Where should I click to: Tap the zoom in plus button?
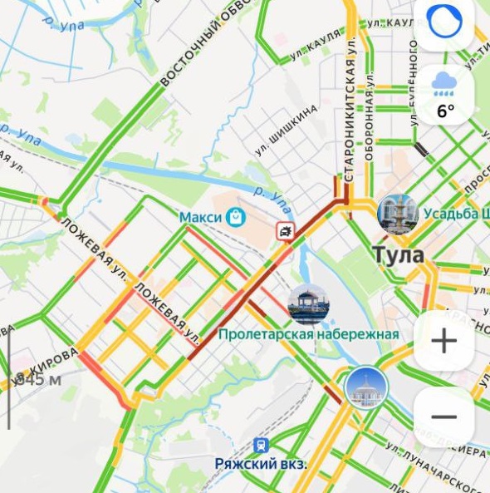click(x=443, y=341)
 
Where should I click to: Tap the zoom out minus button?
click(x=443, y=417)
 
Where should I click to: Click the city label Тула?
click(x=398, y=255)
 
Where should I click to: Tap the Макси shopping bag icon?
click(x=237, y=217)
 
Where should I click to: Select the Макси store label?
click(x=201, y=217)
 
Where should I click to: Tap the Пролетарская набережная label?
click(x=308, y=334)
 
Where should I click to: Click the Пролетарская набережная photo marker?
click(x=308, y=303)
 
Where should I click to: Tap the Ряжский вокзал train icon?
click(x=261, y=446)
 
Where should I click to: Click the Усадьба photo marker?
click(x=397, y=214)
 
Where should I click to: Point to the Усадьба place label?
click(x=456, y=214)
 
